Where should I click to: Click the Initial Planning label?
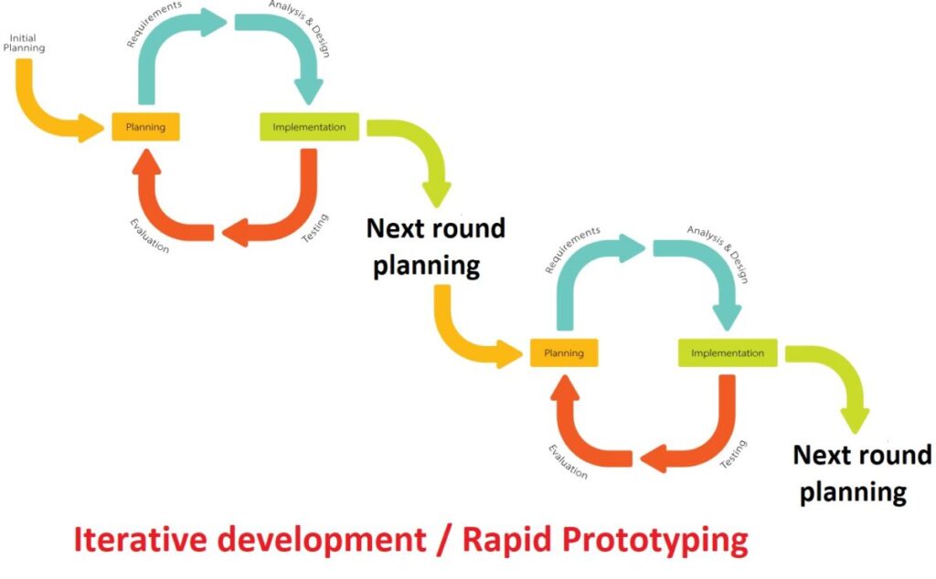click(24, 43)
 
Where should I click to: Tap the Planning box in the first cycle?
click(145, 127)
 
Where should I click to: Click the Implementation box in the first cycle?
click(309, 127)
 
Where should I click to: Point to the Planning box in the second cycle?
click(564, 353)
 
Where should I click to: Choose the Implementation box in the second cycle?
click(728, 353)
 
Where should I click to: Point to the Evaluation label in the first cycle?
click(149, 237)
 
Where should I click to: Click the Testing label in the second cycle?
click(733, 454)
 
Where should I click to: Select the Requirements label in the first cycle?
click(154, 24)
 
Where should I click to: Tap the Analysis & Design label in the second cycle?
click(718, 254)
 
